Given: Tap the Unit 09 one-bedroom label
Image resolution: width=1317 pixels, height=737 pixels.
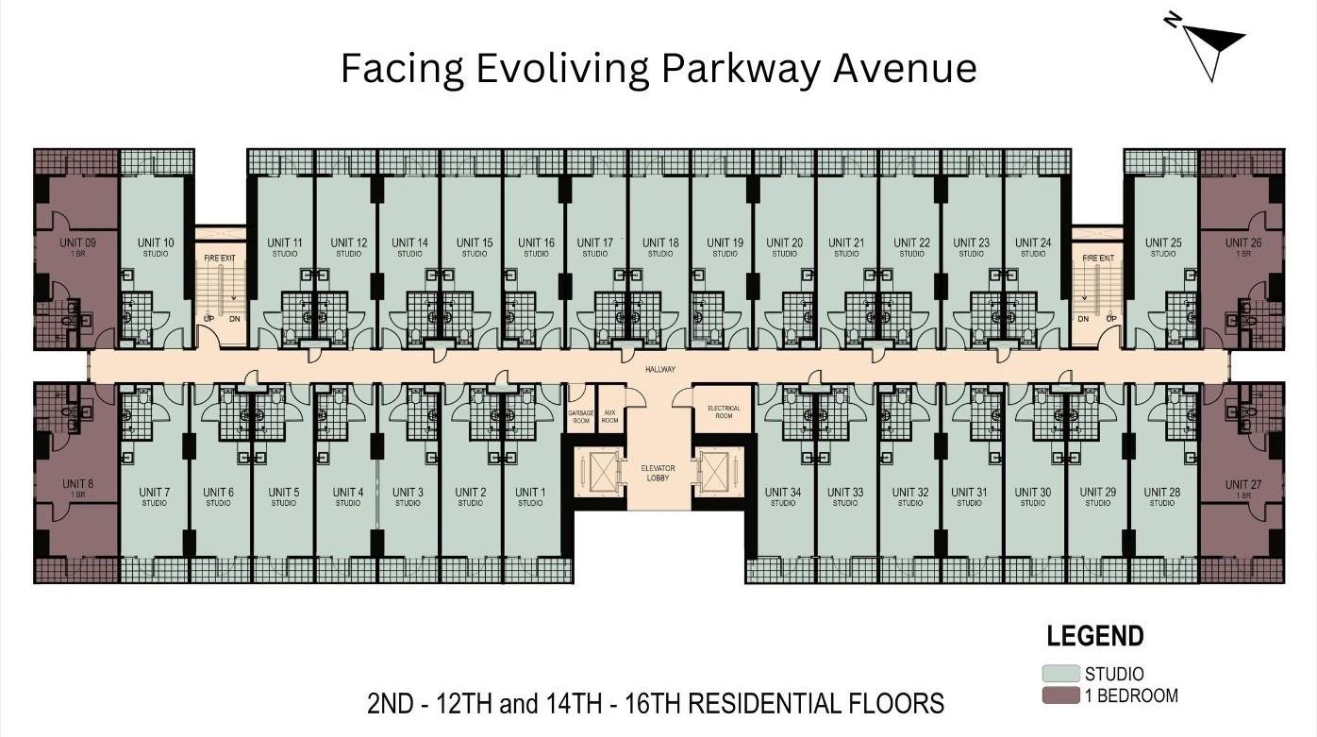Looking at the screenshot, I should pyautogui.click(x=77, y=247).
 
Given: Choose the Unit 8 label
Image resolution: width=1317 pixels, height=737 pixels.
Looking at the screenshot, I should pyautogui.click(x=77, y=489).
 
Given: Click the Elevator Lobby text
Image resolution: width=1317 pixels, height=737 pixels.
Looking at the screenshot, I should pyautogui.click(x=658, y=473).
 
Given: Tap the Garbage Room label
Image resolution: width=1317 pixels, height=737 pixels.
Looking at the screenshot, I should pyautogui.click(x=579, y=416).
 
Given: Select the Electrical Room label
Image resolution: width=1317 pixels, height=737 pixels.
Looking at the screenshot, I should pyautogui.click(x=723, y=411).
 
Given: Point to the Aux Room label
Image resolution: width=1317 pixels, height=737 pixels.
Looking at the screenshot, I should pyautogui.click(x=610, y=416).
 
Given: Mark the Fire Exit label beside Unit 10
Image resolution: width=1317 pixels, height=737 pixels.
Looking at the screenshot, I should pyautogui.click(x=220, y=258).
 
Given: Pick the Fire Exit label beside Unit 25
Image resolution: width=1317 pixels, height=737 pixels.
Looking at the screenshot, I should pyautogui.click(x=1098, y=258).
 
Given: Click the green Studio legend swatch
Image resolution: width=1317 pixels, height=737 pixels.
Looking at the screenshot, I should pyautogui.click(x=1060, y=674).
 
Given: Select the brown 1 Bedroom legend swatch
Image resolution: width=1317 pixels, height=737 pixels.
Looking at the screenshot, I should pyautogui.click(x=1060, y=696).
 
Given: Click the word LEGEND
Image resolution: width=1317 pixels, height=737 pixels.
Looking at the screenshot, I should pyautogui.click(x=1094, y=637).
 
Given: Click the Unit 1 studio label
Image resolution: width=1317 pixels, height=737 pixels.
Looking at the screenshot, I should pyautogui.click(x=530, y=496).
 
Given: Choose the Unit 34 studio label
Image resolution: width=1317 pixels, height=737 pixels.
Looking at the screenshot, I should pyautogui.click(x=783, y=496).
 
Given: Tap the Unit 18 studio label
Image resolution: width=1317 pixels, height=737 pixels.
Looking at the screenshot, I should pyautogui.click(x=660, y=247).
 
